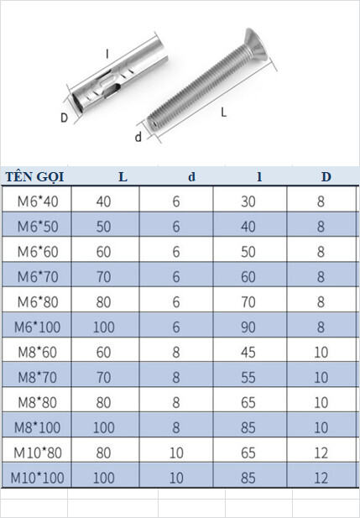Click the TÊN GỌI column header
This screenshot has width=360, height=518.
click(34, 177)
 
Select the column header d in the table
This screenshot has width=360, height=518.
click(192, 177)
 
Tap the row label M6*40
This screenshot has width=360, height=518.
click(38, 201)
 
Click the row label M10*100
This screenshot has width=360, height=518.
click(37, 478)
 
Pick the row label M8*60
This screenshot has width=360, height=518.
click(37, 352)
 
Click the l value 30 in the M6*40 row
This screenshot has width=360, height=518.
click(248, 201)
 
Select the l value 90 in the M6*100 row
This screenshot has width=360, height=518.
click(248, 327)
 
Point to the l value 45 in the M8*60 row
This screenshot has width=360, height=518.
click(248, 352)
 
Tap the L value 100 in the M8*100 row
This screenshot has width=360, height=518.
click(104, 427)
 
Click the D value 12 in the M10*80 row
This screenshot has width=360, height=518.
click(321, 453)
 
